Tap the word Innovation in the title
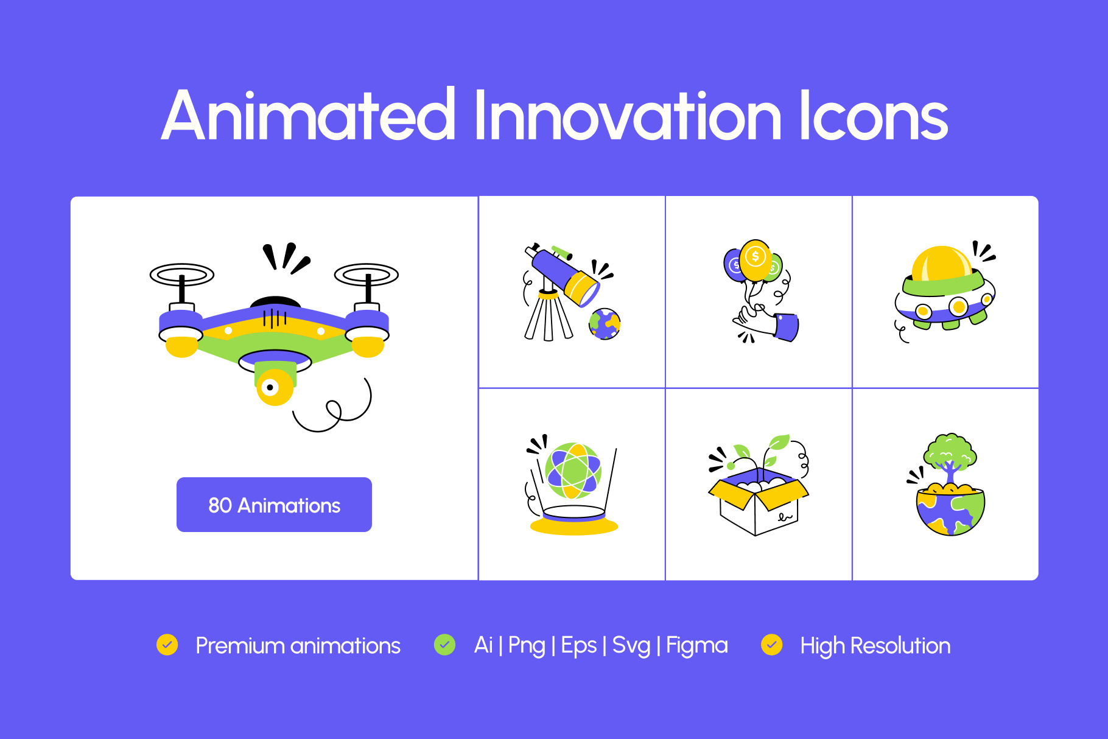click(x=627, y=115)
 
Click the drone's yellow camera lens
click(x=275, y=387)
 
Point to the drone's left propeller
click(x=182, y=275)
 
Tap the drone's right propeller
click(x=366, y=275)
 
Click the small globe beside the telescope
click(x=605, y=323)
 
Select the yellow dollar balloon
click(x=756, y=260)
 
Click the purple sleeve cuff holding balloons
click(x=787, y=327)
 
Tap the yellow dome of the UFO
click(x=941, y=264)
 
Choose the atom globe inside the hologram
click(x=573, y=471)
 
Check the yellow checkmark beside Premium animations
click(x=167, y=645)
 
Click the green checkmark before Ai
click(x=445, y=645)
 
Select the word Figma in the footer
click(x=697, y=646)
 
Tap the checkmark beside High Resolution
click(x=772, y=645)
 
